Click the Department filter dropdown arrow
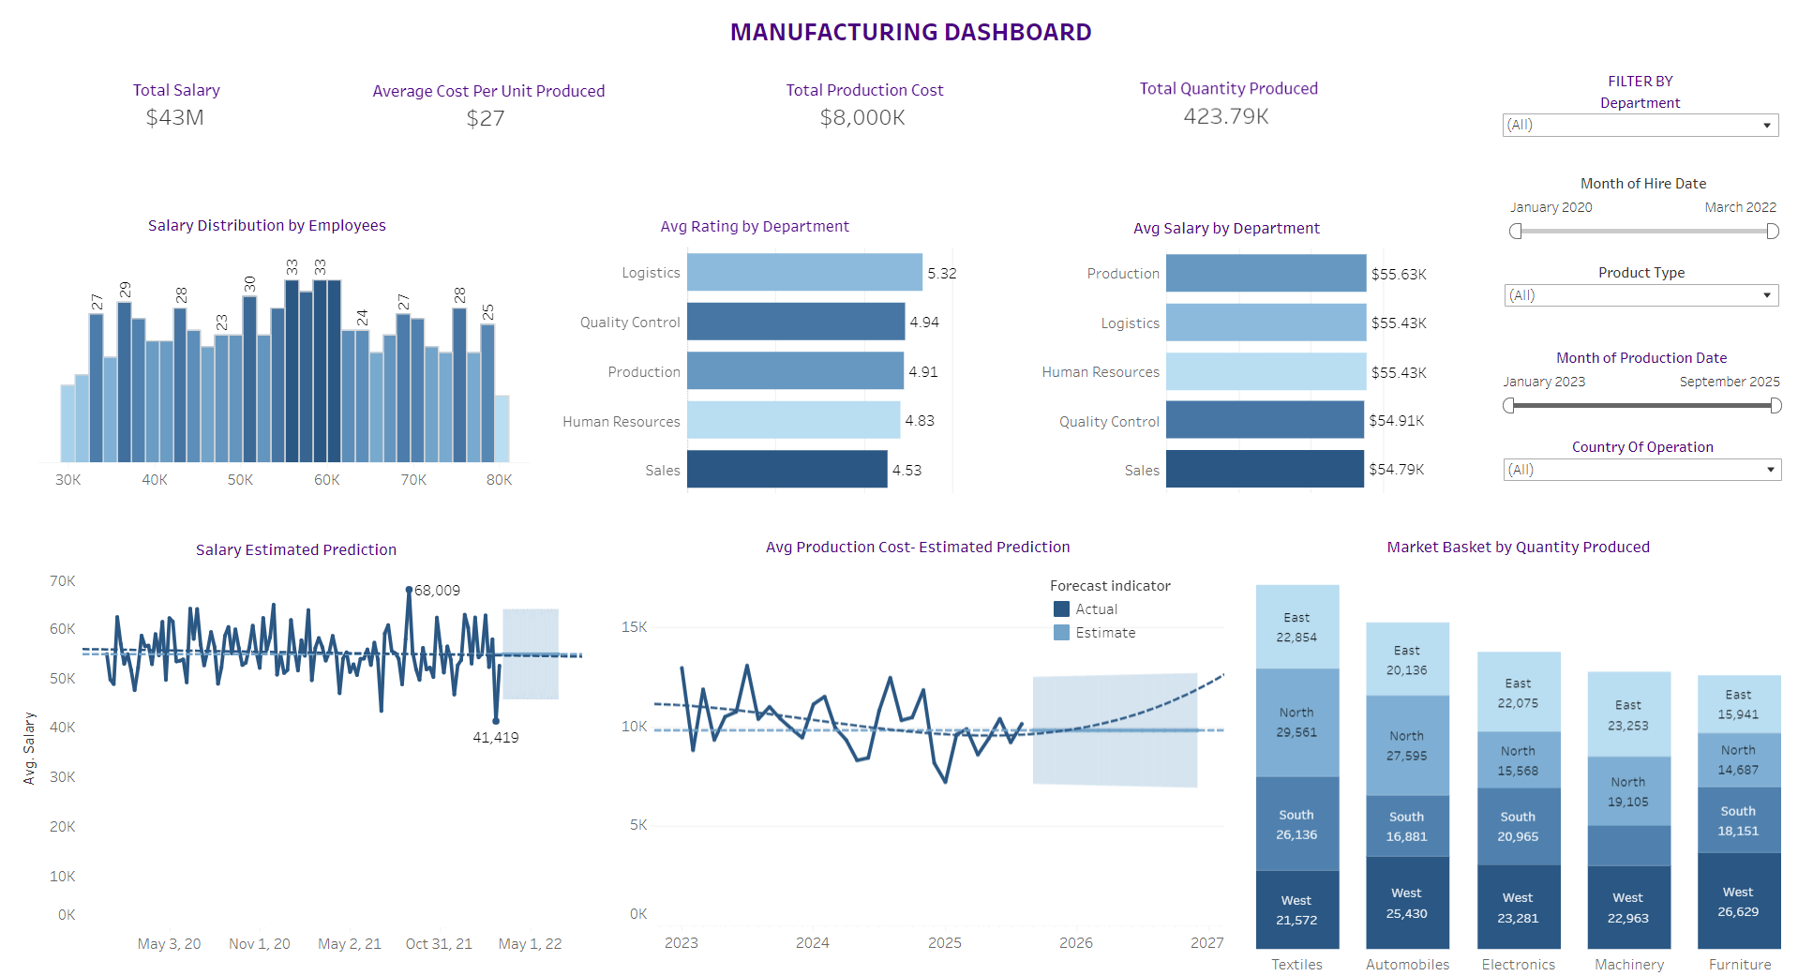click(1766, 126)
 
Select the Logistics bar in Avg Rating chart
click(803, 272)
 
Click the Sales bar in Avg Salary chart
click(1264, 469)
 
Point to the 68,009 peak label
click(437, 591)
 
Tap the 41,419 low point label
click(495, 738)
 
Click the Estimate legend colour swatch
click(1061, 633)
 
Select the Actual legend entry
click(1095, 609)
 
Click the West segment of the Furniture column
click(1738, 901)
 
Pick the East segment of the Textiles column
click(1296, 626)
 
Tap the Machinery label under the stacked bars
click(1629, 965)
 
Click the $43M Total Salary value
click(175, 117)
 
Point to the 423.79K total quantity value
click(1226, 116)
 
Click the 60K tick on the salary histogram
click(327, 480)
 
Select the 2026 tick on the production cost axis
click(1075, 943)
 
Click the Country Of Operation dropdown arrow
click(1770, 470)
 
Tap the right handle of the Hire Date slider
click(1772, 232)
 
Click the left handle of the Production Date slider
click(1508, 406)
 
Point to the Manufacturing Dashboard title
click(910, 33)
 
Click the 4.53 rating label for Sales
click(906, 471)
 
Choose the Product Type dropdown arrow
click(1766, 295)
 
